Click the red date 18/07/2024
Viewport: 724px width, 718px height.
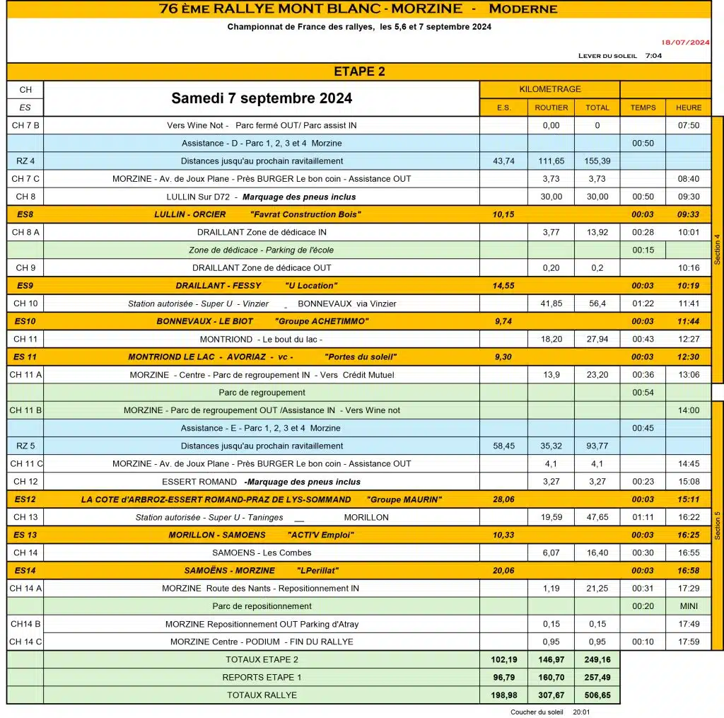click(x=684, y=42)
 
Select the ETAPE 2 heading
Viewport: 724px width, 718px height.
click(x=359, y=71)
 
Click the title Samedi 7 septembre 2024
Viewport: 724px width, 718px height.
click(x=262, y=98)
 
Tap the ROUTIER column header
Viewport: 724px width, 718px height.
click(x=551, y=108)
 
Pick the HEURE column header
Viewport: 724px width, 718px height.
click(x=688, y=108)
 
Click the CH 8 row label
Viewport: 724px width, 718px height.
click(x=25, y=197)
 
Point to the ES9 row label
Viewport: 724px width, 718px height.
click(x=25, y=286)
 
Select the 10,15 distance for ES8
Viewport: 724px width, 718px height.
click(x=503, y=214)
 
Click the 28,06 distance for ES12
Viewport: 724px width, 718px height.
click(x=503, y=499)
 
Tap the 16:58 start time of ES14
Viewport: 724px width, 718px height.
click(x=688, y=571)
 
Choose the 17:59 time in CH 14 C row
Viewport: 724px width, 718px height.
click(x=688, y=642)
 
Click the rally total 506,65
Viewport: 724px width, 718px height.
click(x=597, y=695)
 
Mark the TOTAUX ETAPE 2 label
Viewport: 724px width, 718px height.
click(x=262, y=659)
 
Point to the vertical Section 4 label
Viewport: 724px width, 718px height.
click(x=718, y=249)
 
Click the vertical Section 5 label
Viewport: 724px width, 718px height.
click(x=718, y=525)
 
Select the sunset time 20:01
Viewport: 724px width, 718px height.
click(x=582, y=712)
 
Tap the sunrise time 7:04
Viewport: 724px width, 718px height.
click(x=653, y=56)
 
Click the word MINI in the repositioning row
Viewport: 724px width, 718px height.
click(x=688, y=606)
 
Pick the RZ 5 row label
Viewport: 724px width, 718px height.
click(x=25, y=446)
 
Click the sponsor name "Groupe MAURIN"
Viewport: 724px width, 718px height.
click(x=404, y=499)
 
